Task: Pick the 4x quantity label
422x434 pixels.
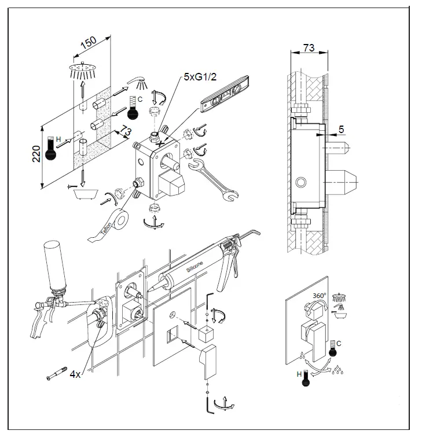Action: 75,374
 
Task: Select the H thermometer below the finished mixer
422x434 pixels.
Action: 303,379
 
